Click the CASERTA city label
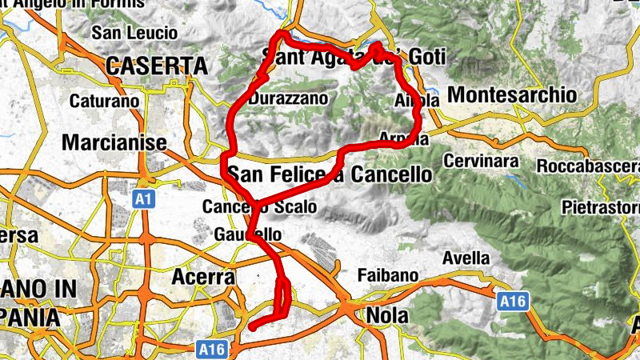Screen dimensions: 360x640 (156, 66)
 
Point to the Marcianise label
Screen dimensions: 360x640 (114, 142)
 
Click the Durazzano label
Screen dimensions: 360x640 (288, 99)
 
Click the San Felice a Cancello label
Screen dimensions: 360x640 (330, 174)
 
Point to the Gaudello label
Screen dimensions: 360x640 (248, 235)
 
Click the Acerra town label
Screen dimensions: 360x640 (203, 277)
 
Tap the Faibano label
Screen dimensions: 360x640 (388, 275)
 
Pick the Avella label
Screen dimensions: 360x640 (467, 258)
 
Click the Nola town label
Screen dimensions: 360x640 (387, 314)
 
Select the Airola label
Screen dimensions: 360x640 (417, 102)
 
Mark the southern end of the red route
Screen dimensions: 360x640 (252, 327)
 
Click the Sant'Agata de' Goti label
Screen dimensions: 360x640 (354, 57)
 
